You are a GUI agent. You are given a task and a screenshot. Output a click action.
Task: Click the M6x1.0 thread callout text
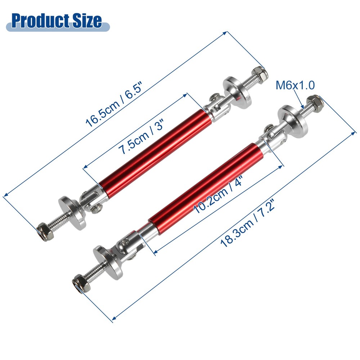tap(295, 85)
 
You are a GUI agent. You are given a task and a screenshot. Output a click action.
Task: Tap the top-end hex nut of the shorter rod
tap(260, 73)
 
